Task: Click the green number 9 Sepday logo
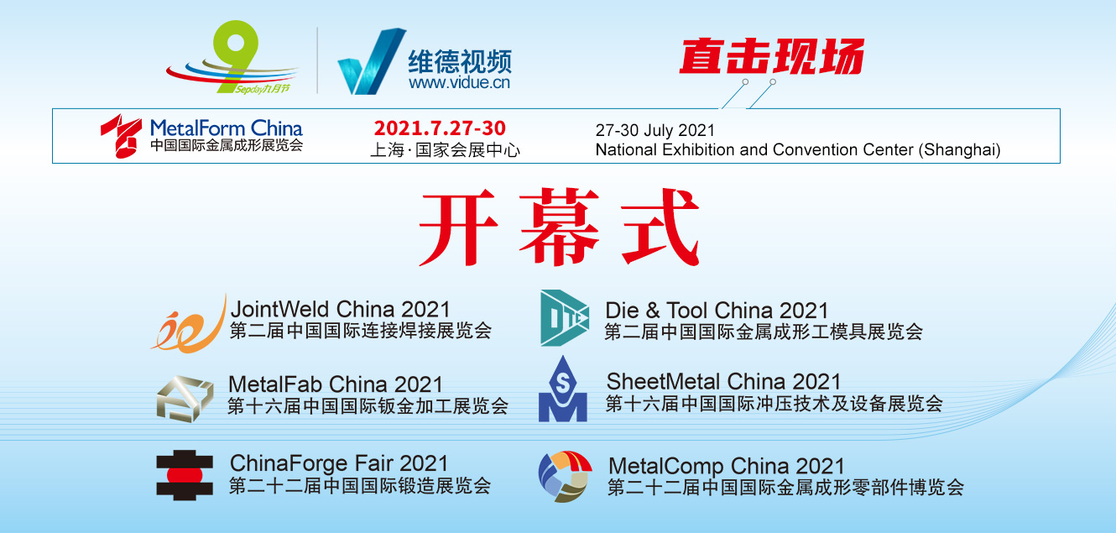234,56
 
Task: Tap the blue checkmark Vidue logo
372,60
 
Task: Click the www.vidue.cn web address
459,82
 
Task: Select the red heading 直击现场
771,56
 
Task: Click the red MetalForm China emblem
121,136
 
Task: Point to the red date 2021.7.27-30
440,128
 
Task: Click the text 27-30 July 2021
655,130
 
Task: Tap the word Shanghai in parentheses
959,149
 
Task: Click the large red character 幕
559,227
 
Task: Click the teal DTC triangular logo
565,317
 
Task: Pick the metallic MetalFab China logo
185,399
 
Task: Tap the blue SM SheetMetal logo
563,389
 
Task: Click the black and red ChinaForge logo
185,475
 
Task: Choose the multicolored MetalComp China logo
565,476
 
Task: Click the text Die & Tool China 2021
717,310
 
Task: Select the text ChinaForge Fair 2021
339,463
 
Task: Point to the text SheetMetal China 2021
723,382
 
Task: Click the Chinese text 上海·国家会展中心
445,150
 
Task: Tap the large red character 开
458,227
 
